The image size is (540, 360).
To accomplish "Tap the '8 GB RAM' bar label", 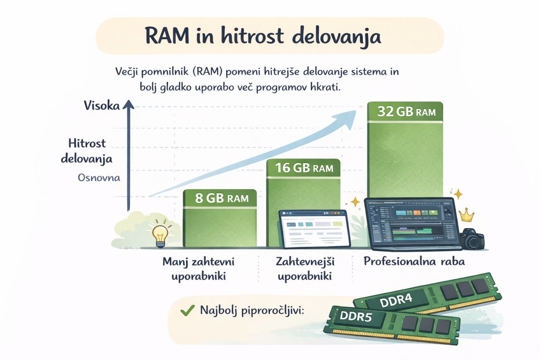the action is point(222,198).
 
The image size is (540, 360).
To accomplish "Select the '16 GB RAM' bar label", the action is point(304,168).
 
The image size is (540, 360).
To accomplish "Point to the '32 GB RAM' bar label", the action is point(406,112).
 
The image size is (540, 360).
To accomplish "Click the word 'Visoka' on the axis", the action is point(102,105).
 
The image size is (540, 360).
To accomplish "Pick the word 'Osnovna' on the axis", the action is point(99,178).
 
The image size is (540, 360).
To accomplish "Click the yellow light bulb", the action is point(160,234).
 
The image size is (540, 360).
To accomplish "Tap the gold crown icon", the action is point(466,215).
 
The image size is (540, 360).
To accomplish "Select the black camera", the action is point(471,239).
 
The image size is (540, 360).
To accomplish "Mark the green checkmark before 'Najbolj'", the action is point(188,310).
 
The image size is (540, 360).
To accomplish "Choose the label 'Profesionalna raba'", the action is point(414,261).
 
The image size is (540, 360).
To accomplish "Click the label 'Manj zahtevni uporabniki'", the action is point(198,269).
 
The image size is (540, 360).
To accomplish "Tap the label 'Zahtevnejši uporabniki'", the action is point(305,269).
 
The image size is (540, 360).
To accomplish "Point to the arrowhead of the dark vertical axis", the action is point(128,105).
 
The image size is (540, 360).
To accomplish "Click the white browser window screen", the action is point(314,229).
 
